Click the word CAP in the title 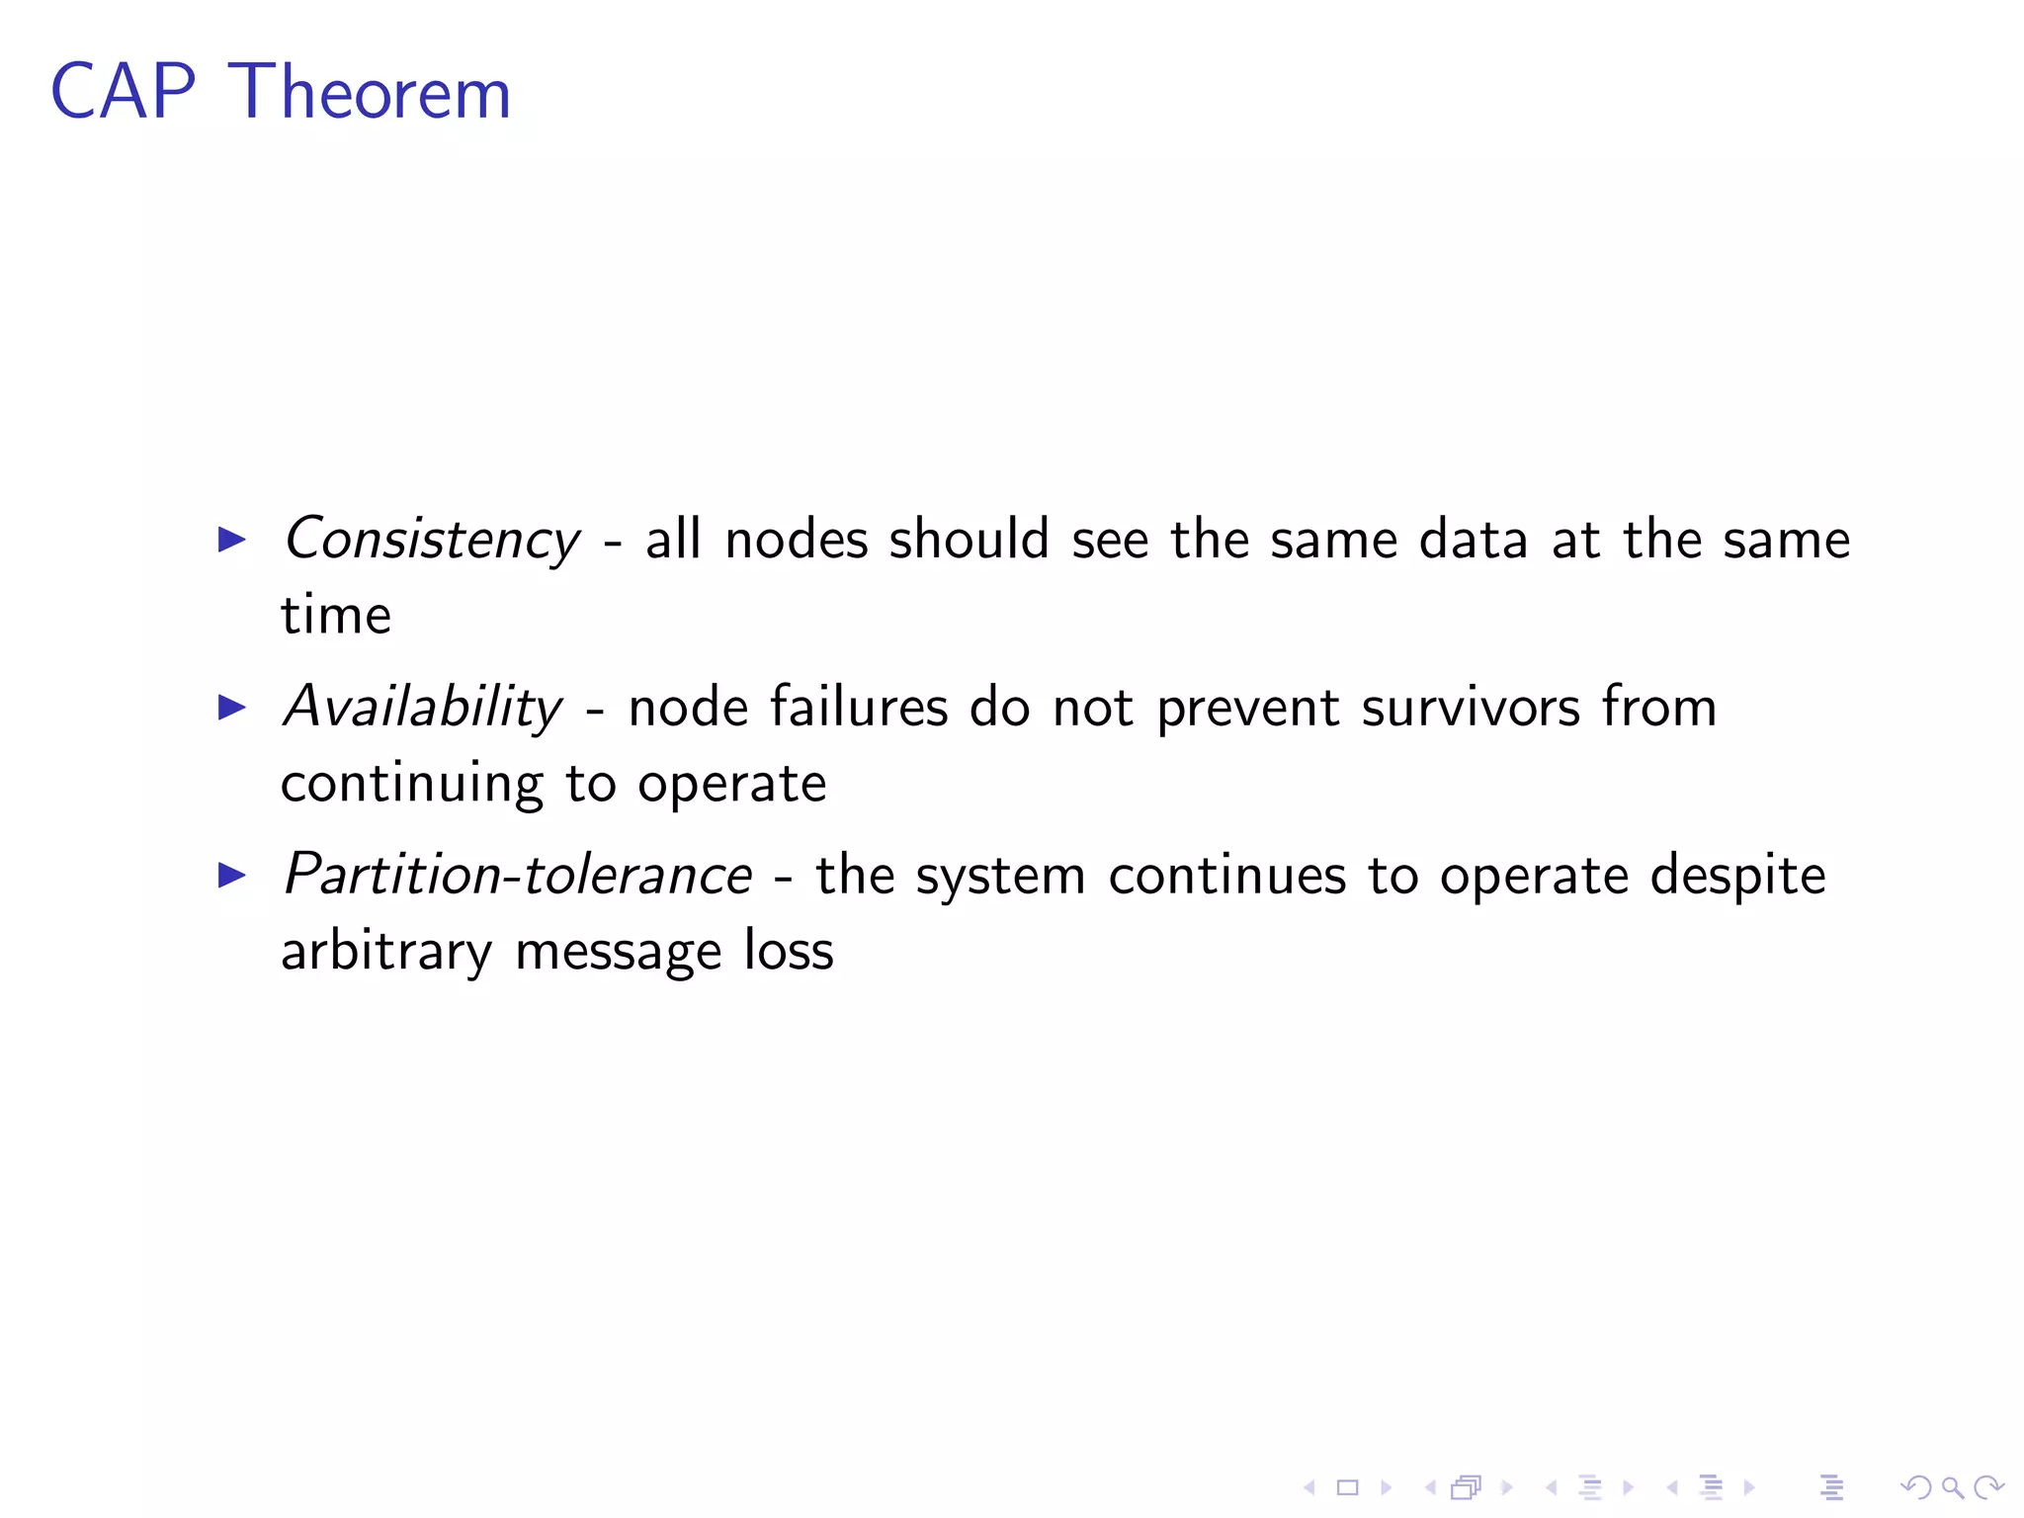click(124, 92)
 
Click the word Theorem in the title click(370, 92)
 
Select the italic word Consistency click(432, 541)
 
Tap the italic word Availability click(422, 709)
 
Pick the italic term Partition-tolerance click(518, 876)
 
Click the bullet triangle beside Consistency click(231, 540)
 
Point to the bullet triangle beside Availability click(231, 708)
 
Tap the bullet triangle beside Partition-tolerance click(231, 876)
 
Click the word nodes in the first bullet click(796, 541)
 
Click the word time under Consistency click(336, 616)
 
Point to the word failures click(859, 708)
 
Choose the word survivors click(1471, 708)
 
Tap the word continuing click(411, 785)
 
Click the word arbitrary click(385, 952)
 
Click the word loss click(789, 951)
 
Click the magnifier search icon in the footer click(1952, 1487)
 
